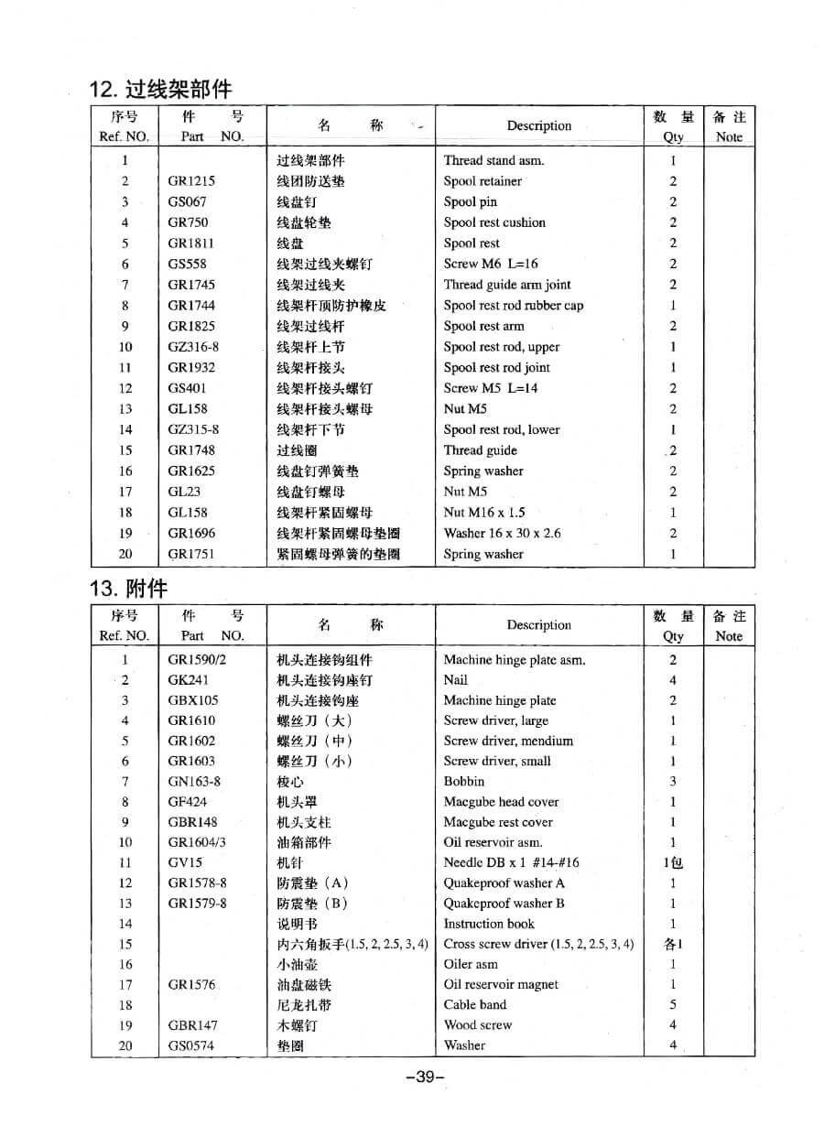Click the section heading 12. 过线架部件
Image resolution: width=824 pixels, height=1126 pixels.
tap(160, 89)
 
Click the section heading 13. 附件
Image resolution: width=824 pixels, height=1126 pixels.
tap(128, 587)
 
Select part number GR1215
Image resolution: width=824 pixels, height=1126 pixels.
tap(191, 181)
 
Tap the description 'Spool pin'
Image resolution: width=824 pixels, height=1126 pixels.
tap(470, 202)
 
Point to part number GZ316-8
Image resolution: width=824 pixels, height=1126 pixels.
tap(193, 347)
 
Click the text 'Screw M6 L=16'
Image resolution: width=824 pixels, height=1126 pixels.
tap(491, 264)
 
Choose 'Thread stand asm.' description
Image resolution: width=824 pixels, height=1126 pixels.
tap(493, 160)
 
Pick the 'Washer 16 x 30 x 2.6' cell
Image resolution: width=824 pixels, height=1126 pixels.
tap(502, 533)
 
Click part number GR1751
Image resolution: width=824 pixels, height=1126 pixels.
tap(191, 554)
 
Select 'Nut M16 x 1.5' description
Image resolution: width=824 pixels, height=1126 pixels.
tap(484, 513)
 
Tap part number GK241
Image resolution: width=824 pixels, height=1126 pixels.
tap(188, 680)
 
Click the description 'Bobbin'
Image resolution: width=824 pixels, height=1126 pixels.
tap(464, 782)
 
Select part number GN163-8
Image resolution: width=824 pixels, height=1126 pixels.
tap(194, 782)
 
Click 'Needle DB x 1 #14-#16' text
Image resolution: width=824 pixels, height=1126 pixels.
tap(511, 862)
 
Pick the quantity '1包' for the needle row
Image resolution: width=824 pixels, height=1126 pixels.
tap(673, 862)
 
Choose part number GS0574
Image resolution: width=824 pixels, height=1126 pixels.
tap(190, 1045)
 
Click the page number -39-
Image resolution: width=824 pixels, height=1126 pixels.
tap(424, 1077)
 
